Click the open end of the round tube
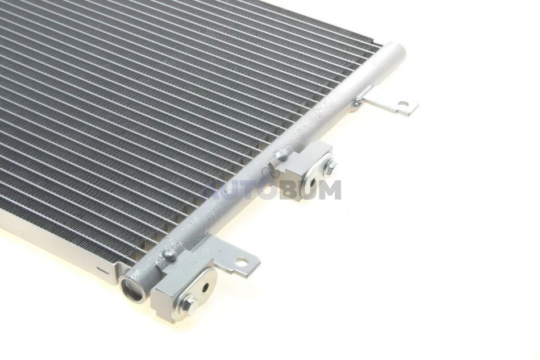tap(132, 286)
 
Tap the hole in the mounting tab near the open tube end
tap(244, 262)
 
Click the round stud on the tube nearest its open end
tap(169, 255)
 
